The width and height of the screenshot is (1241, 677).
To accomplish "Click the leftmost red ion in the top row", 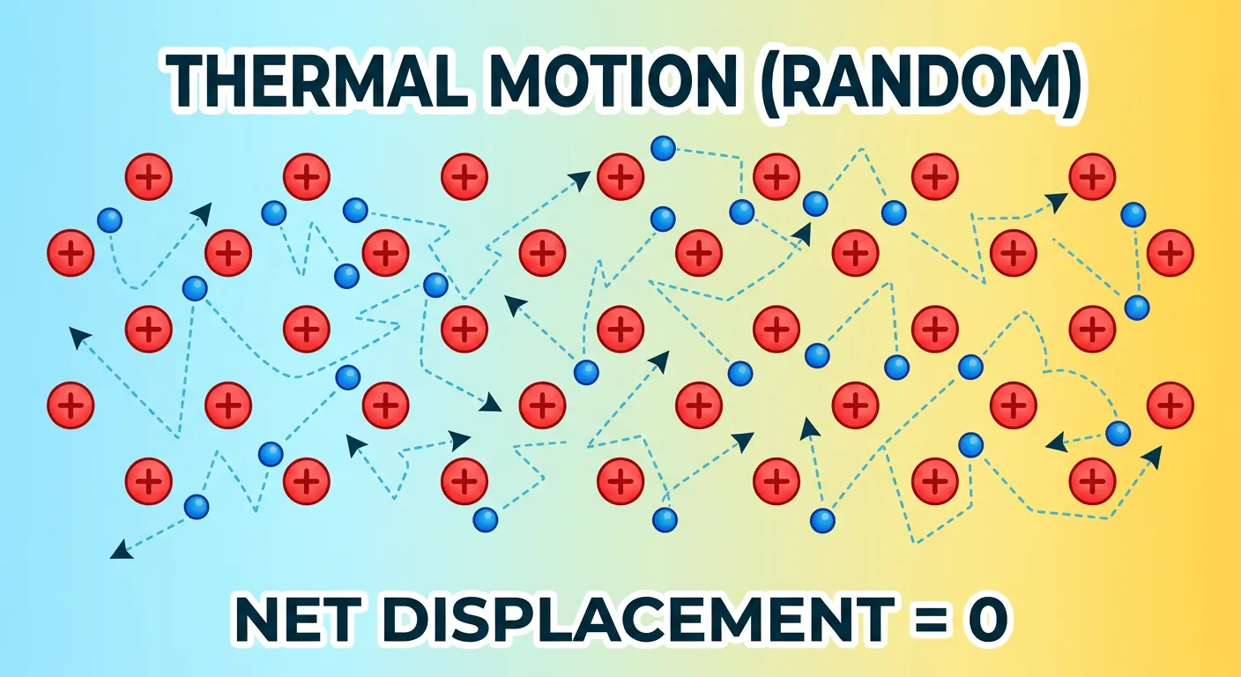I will (x=149, y=177).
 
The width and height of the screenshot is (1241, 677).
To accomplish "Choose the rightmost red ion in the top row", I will (x=1092, y=177).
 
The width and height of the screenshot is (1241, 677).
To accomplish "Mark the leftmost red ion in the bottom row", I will (x=149, y=481).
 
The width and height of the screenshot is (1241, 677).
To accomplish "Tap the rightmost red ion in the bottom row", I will (x=1092, y=481).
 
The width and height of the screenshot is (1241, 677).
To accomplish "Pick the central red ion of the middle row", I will (x=620, y=329).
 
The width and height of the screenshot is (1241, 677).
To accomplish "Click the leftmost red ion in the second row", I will (x=71, y=253).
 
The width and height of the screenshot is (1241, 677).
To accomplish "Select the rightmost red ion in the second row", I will (x=1170, y=253).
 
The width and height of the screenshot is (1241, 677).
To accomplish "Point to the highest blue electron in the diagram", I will (x=663, y=148).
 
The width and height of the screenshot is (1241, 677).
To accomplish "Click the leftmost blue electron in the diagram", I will (x=109, y=219).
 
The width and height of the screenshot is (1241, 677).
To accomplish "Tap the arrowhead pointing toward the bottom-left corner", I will (x=118, y=553).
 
